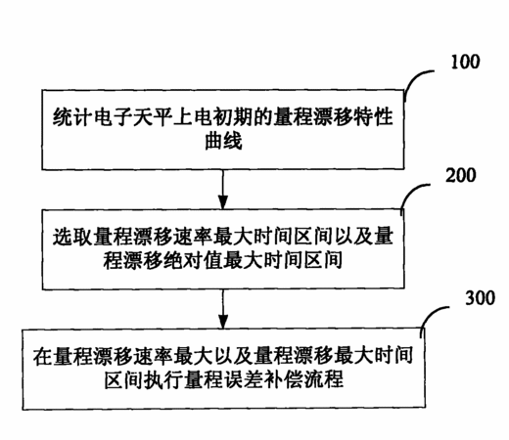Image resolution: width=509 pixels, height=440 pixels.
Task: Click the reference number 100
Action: coord(465,62)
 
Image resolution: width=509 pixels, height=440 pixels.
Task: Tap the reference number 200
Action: coord(461,175)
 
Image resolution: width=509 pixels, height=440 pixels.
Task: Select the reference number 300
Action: coord(480,297)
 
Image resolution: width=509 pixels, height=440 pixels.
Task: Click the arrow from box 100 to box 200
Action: coord(223,190)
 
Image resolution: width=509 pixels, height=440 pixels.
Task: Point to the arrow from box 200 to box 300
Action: coord(223,309)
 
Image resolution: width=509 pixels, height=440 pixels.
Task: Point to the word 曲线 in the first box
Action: coord(223,141)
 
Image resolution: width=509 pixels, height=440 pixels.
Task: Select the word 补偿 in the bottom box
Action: coord(283,379)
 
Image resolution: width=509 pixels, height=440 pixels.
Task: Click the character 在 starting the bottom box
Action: coord(43,355)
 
